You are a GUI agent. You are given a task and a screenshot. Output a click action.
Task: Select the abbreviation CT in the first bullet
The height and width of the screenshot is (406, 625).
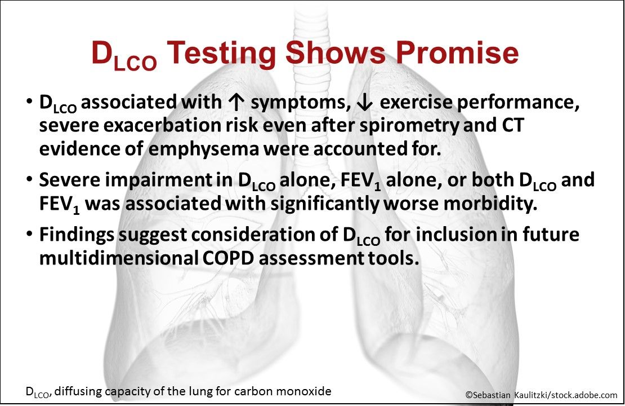point(512,126)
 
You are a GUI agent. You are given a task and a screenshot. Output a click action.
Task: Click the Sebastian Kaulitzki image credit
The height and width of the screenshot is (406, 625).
point(541,395)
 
